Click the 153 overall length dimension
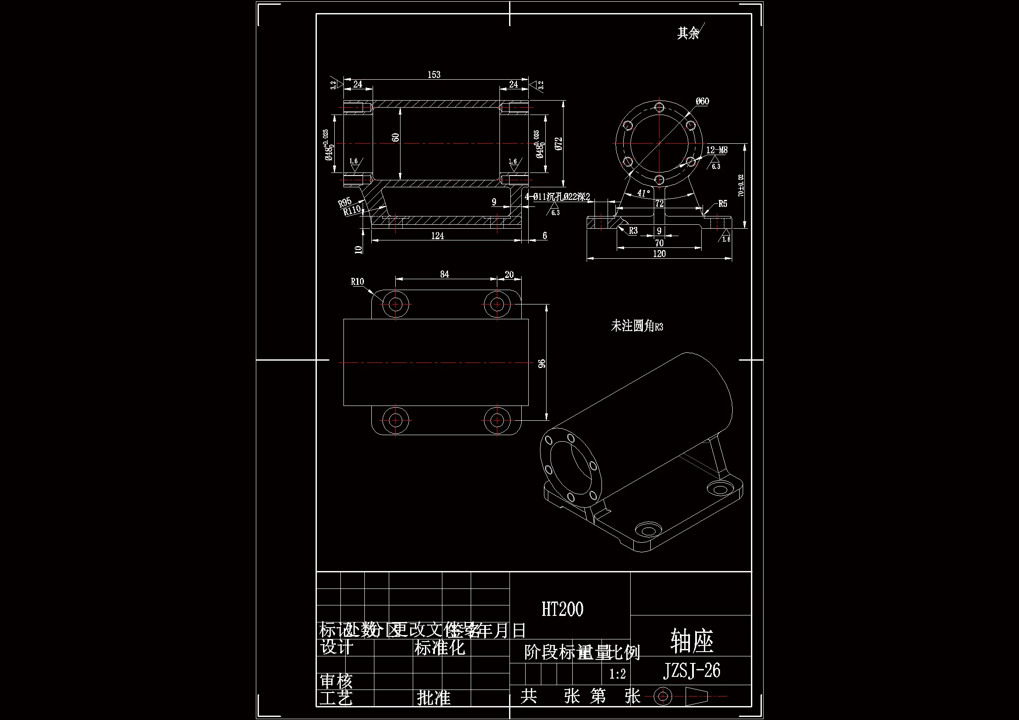pyautogui.click(x=434, y=74)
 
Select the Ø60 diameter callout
pyautogui.click(x=702, y=101)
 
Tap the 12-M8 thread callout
pyautogui.click(x=717, y=150)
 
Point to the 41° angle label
pyautogui.click(x=644, y=193)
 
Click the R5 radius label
pyautogui.click(x=723, y=203)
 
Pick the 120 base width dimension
pyautogui.click(x=659, y=254)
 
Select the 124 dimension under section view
pyautogui.click(x=437, y=236)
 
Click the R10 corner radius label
pyautogui.click(x=357, y=282)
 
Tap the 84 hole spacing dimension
pyautogui.click(x=444, y=274)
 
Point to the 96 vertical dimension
pyautogui.click(x=542, y=363)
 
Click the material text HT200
pyautogui.click(x=562, y=609)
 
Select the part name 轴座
pyautogui.click(x=691, y=641)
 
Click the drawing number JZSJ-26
pyautogui.click(x=691, y=671)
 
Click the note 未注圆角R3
pyautogui.click(x=636, y=327)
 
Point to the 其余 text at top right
pyautogui.click(x=687, y=33)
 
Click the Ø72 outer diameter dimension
pyautogui.click(x=559, y=143)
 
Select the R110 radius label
pyautogui.click(x=353, y=210)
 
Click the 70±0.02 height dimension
pyautogui.click(x=740, y=186)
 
